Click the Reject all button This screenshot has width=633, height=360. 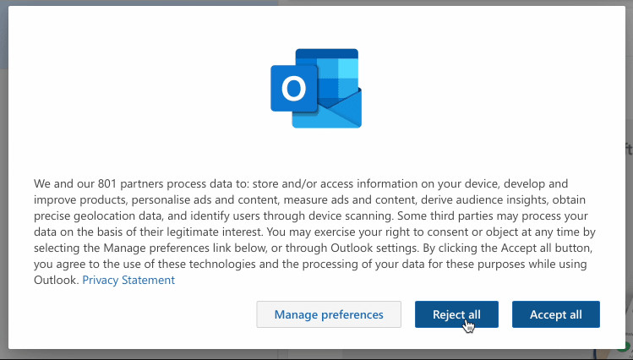[x=456, y=314]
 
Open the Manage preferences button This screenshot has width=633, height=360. [x=329, y=314]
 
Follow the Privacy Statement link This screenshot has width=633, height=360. [x=128, y=280]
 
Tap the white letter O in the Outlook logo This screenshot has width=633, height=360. [x=293, y=89]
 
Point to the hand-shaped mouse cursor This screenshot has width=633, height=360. [x=468, y=325]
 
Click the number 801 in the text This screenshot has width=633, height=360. [x=107, y=183]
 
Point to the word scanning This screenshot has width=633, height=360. [x=371, y=216]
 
